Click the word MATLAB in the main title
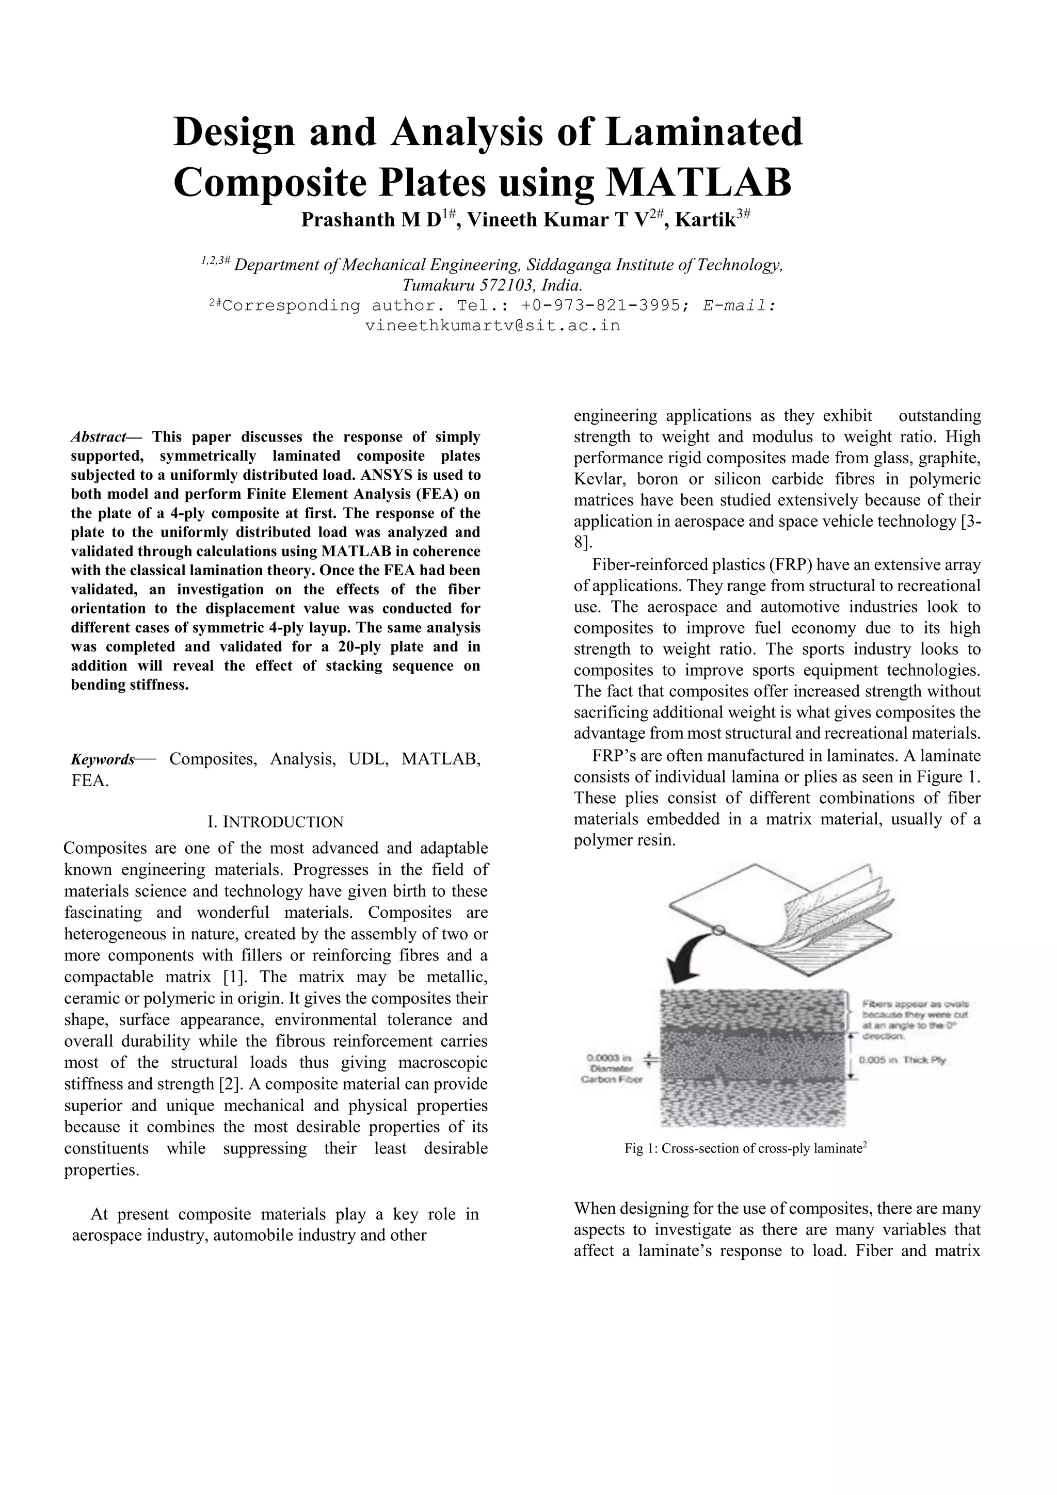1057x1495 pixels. click(699, 183)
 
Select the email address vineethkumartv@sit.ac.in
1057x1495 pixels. click(492, 326)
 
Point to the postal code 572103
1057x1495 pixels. click(505, 285)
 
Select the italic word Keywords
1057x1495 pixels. click(102, 759)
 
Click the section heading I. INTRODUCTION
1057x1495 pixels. click(275, 822)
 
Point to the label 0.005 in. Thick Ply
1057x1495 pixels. click(902, 1060)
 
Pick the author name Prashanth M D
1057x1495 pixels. click(371, 220)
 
